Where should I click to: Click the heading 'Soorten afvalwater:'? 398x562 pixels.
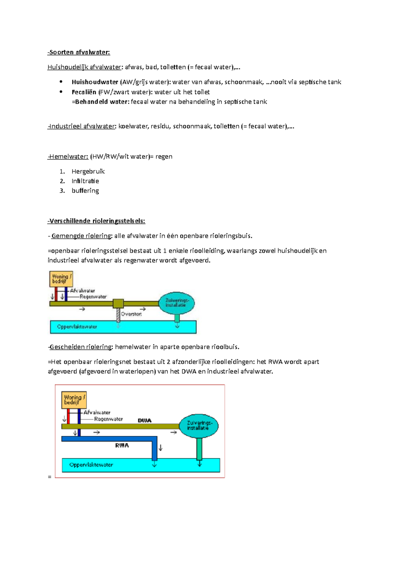(79, 52)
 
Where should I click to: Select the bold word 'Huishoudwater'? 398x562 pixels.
(95, 82)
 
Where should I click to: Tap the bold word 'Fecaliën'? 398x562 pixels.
(84, 92)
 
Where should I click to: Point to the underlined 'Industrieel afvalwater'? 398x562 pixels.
(82, 126)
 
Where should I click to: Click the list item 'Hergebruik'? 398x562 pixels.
(88, 171)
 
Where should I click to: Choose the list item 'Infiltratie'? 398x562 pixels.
(85, 181)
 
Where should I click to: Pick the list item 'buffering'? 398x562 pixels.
(85, 191)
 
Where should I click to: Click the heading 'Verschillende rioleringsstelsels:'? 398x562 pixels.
(97, 221)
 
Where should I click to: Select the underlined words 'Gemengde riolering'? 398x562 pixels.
(81, 236)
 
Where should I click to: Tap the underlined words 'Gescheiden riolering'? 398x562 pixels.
(81, 347)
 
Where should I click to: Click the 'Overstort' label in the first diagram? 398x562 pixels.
(131, 314)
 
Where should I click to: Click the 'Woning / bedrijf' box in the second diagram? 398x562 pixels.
(74, 400)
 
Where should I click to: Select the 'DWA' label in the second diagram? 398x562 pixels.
(145, 421)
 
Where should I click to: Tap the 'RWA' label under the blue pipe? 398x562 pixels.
(122, 446)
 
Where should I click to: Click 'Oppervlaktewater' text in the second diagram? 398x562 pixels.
(91, 465)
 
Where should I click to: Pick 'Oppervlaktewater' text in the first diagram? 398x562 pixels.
(77, 327)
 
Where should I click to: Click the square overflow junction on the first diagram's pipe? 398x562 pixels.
(118, 304)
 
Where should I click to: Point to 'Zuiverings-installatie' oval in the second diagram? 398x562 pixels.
(199, 426)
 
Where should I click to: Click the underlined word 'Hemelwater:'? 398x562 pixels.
(68, 157)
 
